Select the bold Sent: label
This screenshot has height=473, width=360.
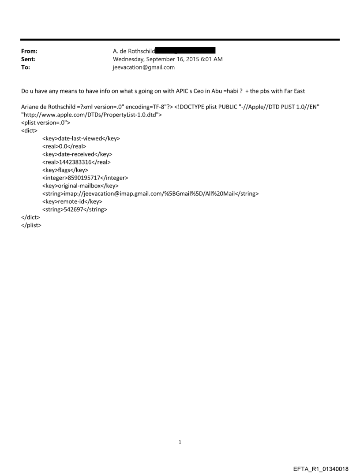coord(28,59)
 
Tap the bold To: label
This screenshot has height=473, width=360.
coord(26,67)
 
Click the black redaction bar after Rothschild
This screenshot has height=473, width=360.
coord(185,51)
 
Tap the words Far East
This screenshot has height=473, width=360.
coord(291,91)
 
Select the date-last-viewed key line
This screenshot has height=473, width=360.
coord(81,138)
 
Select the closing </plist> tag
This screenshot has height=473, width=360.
coord(31,225)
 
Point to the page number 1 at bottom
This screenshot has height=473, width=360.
coord(180,442)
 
